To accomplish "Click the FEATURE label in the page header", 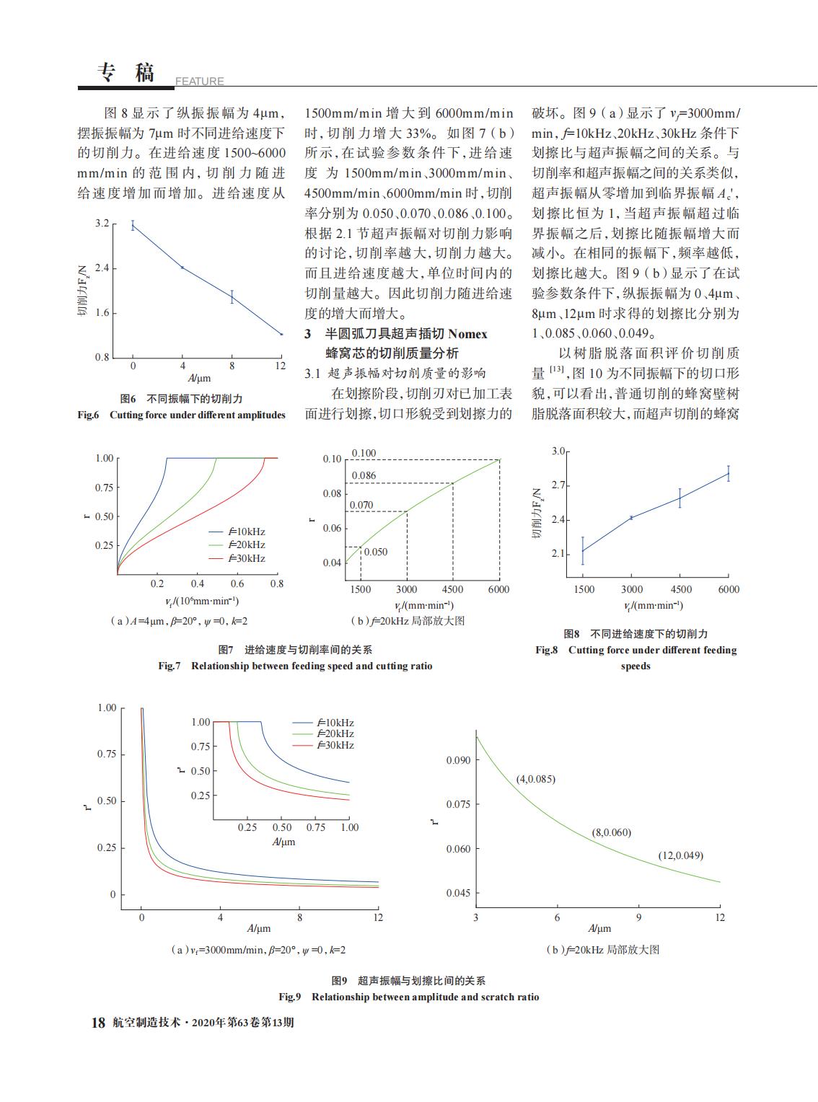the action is pos(199,81).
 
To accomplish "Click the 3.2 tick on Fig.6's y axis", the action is pos(102,223).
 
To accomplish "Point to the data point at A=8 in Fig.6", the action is pos(232,296).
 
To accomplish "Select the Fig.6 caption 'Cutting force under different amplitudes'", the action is pos(198,415).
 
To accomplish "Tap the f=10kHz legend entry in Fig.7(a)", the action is pos(237,532).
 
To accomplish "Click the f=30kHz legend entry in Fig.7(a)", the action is pos(237,558).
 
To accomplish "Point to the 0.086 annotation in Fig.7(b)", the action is pos(364,475).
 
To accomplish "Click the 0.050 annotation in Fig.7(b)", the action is pos(376,552).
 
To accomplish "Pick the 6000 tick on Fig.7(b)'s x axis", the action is pos(498,589).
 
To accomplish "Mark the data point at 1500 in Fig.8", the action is pos(583,550).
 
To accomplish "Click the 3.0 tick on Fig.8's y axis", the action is pos(558,451).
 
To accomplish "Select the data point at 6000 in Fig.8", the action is pos(729,474).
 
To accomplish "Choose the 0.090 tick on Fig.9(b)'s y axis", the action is pos(458,760).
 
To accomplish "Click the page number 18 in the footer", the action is pos(98,1023).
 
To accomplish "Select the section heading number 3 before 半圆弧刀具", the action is pos(308,334).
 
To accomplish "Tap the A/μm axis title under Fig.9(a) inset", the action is pos(283,842).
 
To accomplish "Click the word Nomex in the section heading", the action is pos(467,334).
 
